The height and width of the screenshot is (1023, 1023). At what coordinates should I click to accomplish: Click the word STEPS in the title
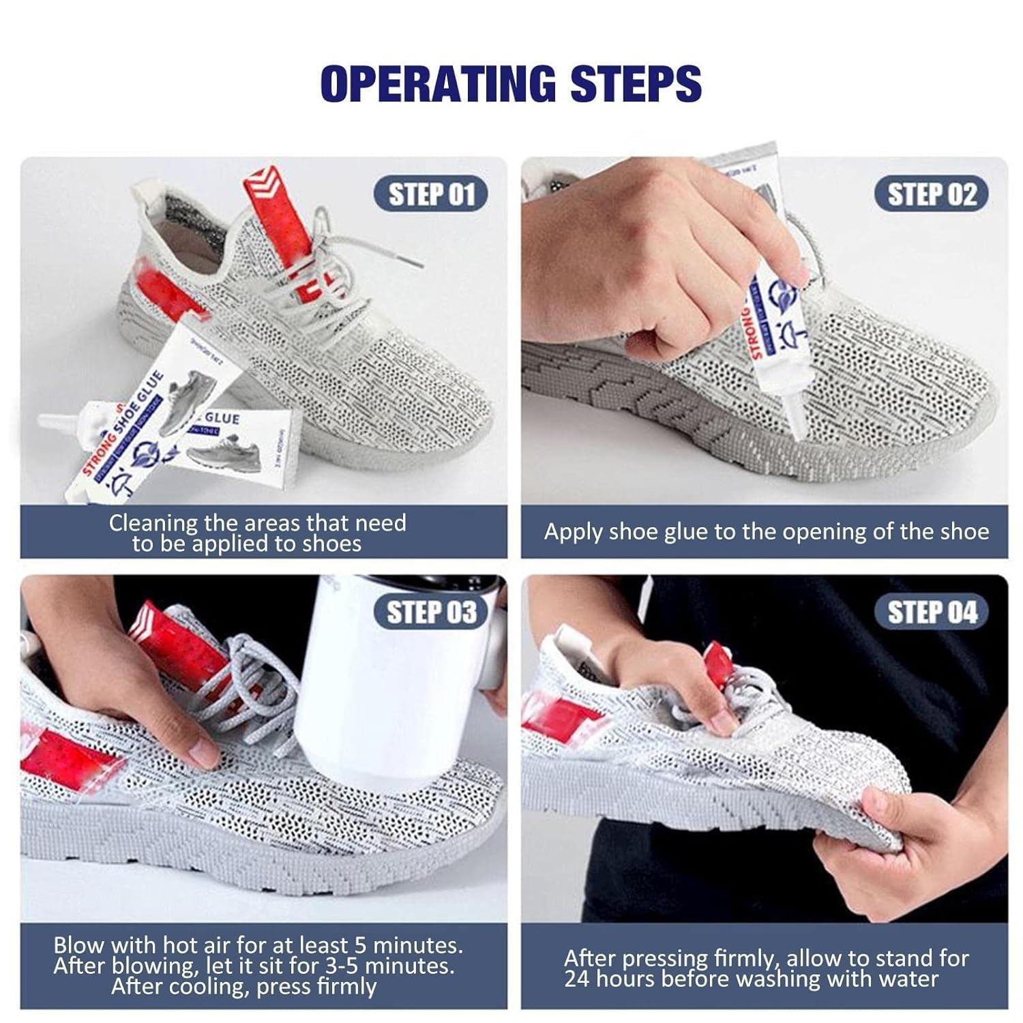[636, 83]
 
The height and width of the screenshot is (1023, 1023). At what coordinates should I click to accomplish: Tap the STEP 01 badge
[431, 194]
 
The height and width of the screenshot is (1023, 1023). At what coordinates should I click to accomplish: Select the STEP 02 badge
[932, 194]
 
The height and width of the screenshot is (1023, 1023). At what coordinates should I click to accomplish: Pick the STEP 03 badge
[431, 612]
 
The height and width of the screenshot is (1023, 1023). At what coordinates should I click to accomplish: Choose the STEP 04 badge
[932, 612]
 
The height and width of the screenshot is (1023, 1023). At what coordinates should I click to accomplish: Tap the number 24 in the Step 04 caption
[577, 979]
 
